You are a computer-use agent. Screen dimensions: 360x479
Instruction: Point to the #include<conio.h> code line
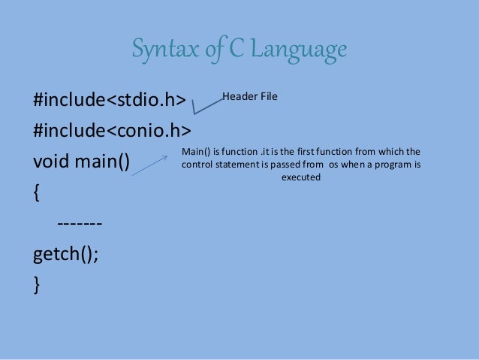[x=111, y=132]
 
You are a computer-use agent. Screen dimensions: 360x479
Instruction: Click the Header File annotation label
[x=250, y=97]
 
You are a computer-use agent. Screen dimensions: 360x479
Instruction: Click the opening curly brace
[x=37, y=193]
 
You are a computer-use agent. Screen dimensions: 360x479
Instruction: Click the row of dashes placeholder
[x=79, y=224]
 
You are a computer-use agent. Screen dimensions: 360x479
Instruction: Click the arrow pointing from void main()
[x=150, y=165]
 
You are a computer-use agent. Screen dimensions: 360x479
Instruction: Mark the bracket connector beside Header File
[x=206, y=105]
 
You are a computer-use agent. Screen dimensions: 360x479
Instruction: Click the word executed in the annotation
[x=300, y=178]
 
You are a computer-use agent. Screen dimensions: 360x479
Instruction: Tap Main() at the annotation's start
[x=197, y=151]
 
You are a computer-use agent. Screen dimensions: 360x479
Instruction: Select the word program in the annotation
[x=390, y=165]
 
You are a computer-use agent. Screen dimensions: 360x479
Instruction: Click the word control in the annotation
[x=197, y=165]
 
